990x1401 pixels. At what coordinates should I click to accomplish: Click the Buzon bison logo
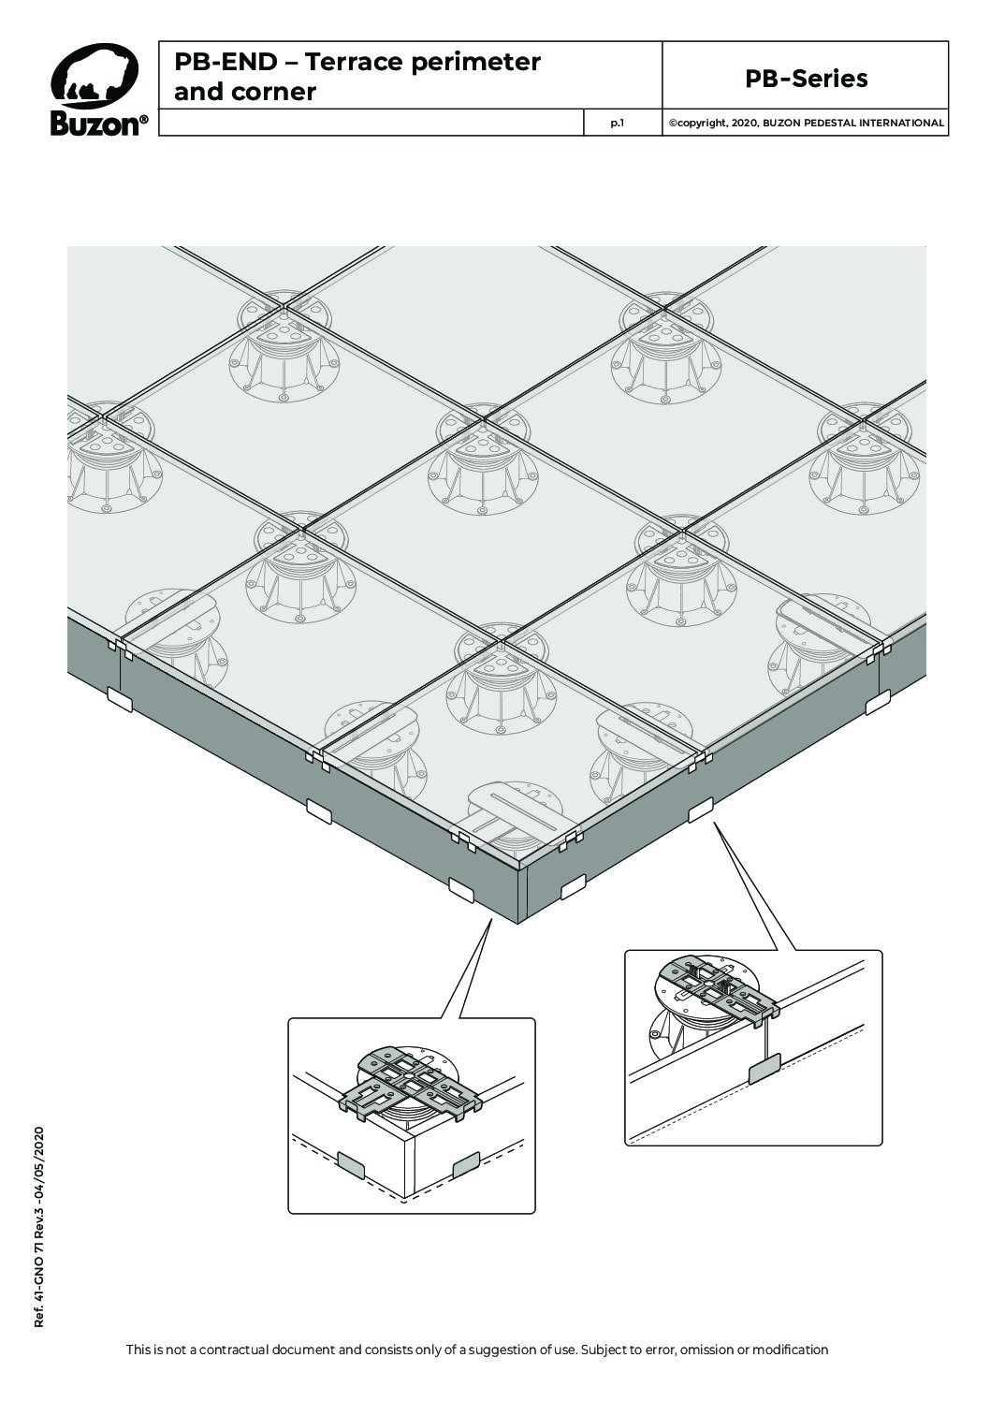click(95, 76)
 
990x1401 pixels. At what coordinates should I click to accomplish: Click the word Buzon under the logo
click(95, 124)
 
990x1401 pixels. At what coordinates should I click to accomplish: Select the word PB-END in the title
click(226, 61)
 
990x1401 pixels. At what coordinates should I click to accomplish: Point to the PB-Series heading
click(806, 79)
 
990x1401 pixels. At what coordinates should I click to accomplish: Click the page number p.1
click(618, 124)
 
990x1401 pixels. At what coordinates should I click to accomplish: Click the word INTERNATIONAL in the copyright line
click(901, 124)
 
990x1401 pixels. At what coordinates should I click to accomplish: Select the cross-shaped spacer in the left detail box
click(410, 1087)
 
